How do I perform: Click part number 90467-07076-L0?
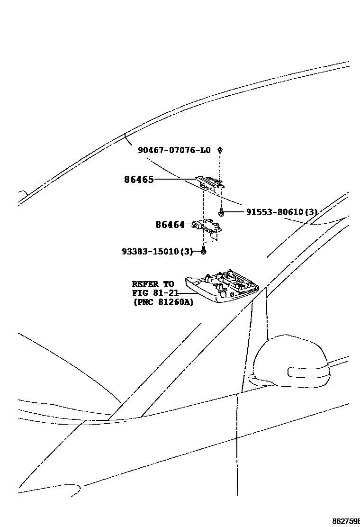coord(174,150)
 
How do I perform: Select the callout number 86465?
coord(139,180)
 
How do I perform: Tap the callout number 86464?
coord(170,225)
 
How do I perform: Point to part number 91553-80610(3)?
coord(281,212)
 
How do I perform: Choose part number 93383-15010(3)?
coord(157,251)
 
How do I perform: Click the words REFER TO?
coord(153,284)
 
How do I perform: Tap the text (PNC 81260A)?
coord(163,302)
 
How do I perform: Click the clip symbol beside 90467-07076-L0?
coord(220,150)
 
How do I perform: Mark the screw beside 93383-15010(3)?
coord(203,251)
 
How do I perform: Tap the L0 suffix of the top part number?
coord(205,150)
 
